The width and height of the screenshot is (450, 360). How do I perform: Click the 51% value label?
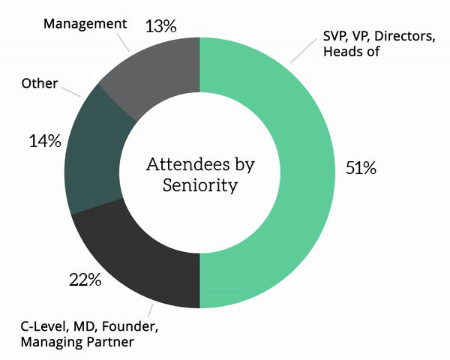click(x=360, y=168)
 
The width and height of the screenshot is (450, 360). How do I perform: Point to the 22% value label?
click(x=85, y=280)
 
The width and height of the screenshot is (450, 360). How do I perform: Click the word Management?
click(x=85, y=23)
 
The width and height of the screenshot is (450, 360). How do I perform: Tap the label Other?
click(x=40, y=83)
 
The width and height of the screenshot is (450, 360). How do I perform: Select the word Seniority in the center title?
click(x=200, y=185)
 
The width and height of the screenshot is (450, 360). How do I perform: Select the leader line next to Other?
click(x=71, y=91)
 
